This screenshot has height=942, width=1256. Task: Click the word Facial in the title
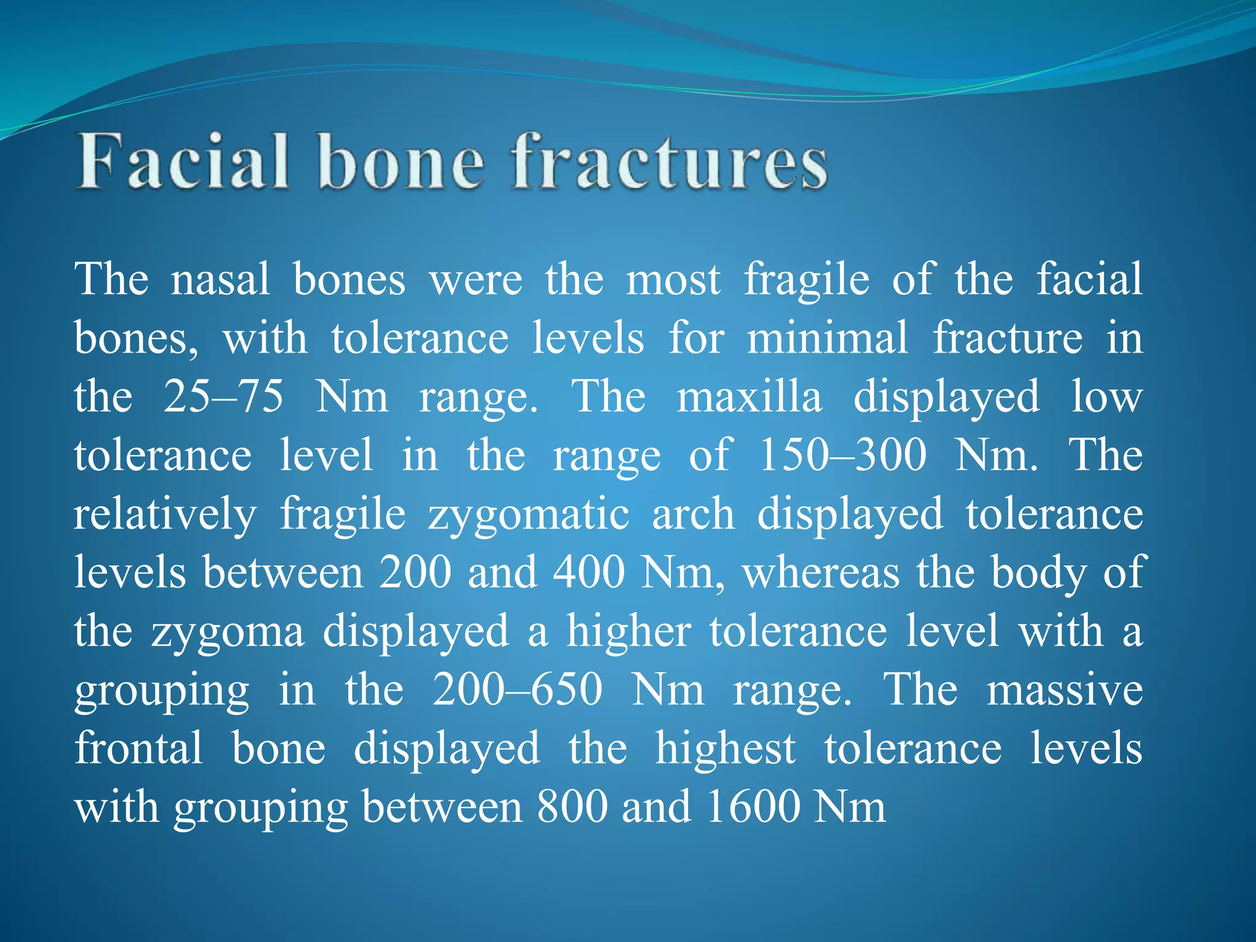point(183,162)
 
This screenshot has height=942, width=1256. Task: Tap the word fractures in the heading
point(670,162)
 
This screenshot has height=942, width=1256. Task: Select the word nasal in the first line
point(220,279)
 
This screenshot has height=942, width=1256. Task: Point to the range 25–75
point(223,396)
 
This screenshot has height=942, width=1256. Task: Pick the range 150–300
point(843,455)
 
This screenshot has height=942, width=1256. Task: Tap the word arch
point(693,514)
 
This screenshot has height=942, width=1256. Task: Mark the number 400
point(589,572)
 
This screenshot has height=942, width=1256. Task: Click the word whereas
point(821,572)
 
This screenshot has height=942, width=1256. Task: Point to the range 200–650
point(518,689)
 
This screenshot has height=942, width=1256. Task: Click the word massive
point(1065,689)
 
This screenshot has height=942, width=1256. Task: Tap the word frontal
point(139,748)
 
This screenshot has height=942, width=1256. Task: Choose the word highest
point(726,748)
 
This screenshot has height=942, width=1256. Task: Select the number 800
point(572,806)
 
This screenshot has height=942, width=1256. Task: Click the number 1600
point(753,806)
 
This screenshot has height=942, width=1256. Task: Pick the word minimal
point(827,337)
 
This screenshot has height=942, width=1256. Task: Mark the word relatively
point(165,514)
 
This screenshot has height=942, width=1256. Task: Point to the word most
point(673,279)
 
